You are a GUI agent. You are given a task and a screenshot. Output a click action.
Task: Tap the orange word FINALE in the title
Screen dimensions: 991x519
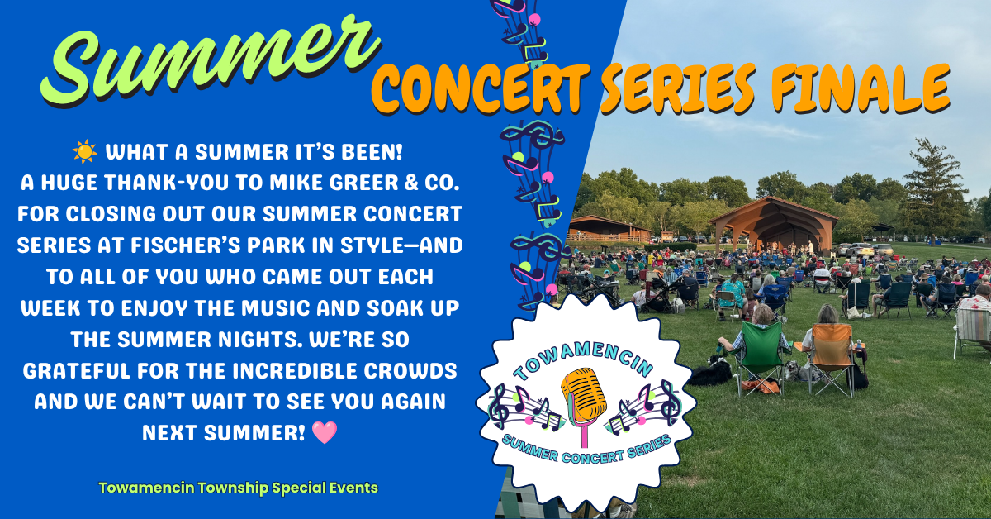[x=861, y=88]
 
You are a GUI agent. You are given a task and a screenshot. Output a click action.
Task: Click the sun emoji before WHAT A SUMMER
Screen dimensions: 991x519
[x=85, y=152]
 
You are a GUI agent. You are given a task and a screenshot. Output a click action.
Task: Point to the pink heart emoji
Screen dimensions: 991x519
[x=325, y=433]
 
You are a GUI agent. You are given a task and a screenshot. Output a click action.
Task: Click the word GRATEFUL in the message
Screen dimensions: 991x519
[x=77, y=370]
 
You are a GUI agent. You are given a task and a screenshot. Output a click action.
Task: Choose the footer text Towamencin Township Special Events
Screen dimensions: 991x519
[x=238, y=488]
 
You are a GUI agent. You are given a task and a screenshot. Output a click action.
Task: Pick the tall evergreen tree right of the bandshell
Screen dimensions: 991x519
[x=932, y=190]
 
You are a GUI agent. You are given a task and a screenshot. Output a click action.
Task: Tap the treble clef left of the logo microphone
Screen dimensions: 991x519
[x=499, y=406]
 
